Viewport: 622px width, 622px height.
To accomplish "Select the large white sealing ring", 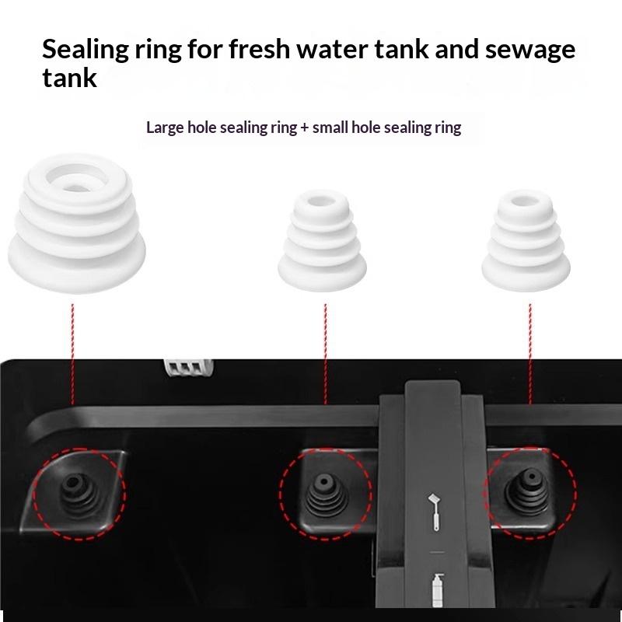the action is point(76,223).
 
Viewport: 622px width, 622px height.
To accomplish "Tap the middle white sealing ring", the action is point(322,240).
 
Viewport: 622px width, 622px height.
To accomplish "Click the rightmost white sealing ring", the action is point(526,240).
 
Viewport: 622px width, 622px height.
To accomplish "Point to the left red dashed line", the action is point(72,354).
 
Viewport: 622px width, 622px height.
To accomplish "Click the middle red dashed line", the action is point(325,354).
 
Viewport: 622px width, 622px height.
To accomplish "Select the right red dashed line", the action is point(530,354).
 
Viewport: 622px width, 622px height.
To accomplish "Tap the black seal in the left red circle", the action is point(79,493).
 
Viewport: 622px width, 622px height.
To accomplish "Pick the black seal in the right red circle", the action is point(527,492).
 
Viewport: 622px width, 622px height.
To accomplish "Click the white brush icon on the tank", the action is point(435,512).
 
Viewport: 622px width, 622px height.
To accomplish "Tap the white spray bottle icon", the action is point(437,590).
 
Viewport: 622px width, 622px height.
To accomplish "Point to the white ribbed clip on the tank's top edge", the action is point(189,367).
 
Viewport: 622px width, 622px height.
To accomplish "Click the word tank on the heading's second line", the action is point(69,78).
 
